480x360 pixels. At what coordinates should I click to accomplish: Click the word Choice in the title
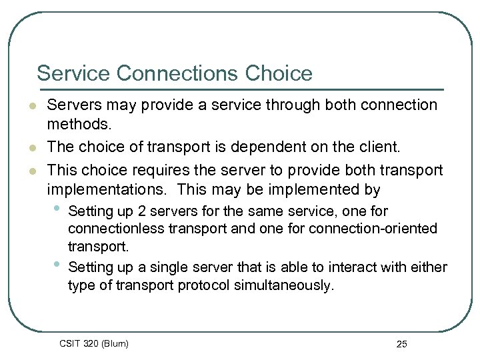(280, 73)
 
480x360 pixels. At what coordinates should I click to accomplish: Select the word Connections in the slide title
(175, 73)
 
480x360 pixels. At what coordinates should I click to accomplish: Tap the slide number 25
(401, 344)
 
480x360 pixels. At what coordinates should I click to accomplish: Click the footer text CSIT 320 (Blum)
(94, 343)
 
